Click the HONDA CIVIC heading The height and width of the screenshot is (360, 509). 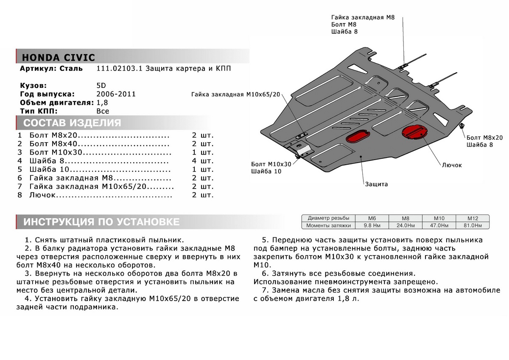pyautogui.click(x=58, y=58)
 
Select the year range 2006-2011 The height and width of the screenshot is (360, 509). pyautogui.click(x=116, y=94)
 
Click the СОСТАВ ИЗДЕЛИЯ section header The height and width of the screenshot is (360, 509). pyautogui.click(x=72, y=124)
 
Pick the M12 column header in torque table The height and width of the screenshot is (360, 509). pyautogui.click(x=472, y=217)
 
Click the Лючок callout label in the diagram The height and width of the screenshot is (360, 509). pyautogui.click(x=451, y=165)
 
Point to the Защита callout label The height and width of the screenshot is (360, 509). pyautogui.click(x=376, y=184)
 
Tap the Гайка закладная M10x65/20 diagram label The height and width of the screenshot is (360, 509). pyautogui.click(x=236, y=95)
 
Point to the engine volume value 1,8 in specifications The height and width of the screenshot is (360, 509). pyautogui.click(x=102, y=102)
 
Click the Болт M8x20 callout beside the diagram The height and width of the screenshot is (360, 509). pyautogui.click(x=484, y=138)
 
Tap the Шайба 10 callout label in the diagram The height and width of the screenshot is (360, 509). pyautogui.click(x=266, y=171)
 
